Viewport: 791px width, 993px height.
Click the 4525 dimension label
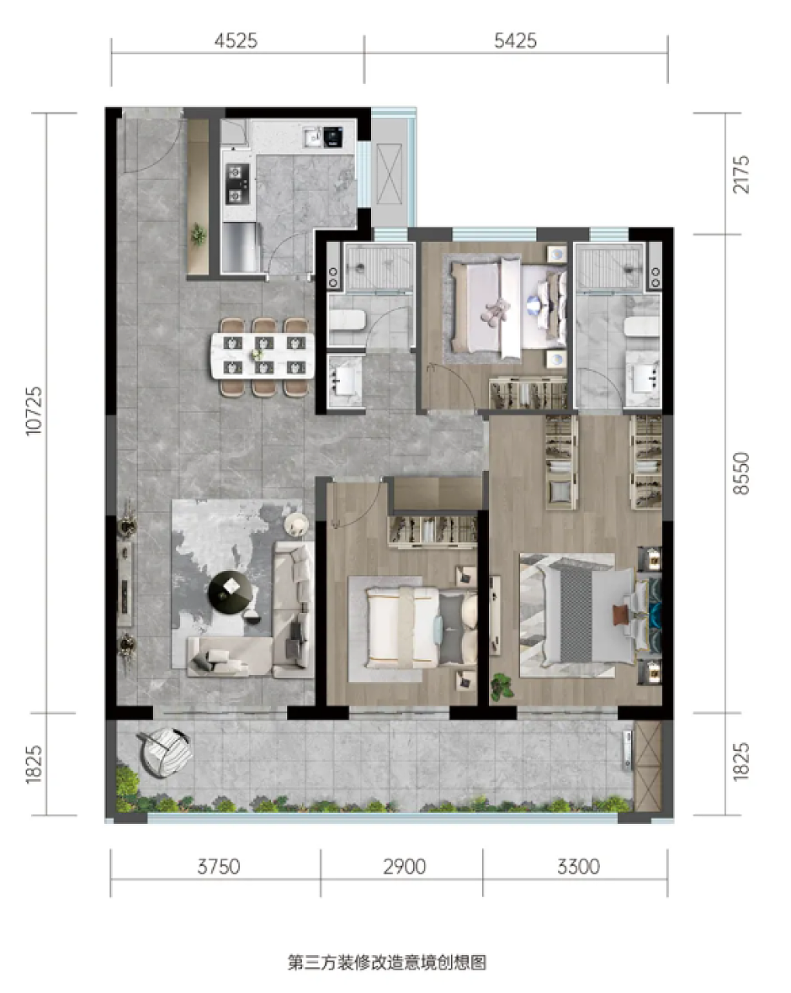pyautogui.click(x=236, y=41)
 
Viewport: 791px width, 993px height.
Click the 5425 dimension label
pyautogui.click(x=515, y=41)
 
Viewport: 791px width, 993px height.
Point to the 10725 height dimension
pyautogui.click(x=34, y=410)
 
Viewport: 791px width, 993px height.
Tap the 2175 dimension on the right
pyautogui.click(x=741, y=175)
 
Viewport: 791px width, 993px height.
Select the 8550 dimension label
pyautogui.click(x=741, y=473)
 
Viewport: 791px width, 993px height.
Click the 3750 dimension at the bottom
pyautogui.click(x=219, y=866)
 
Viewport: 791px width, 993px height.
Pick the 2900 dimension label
pyautogui.click(x=405, y=866)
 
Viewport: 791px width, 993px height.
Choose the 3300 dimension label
pyautogui.click(x=579, y=866)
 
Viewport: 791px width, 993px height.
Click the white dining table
pyautogui.click(x=263, y=356)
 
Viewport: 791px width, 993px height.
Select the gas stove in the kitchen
pyautogui.click(x=236, y=183)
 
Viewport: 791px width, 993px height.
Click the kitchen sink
pyautogui.click(x=312, y=135)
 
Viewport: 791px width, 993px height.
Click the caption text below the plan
pyautogui.click(x=387, y=963)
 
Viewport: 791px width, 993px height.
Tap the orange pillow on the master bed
pyautogui.click(x=620, y=615)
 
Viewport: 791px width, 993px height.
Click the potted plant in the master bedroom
pyautogui.click(x=502, y=686)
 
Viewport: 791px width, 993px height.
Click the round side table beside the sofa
pyautogui.click(x=296, y=524)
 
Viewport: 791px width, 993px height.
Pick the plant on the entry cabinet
pyautogui.click(x=199, y=235)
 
